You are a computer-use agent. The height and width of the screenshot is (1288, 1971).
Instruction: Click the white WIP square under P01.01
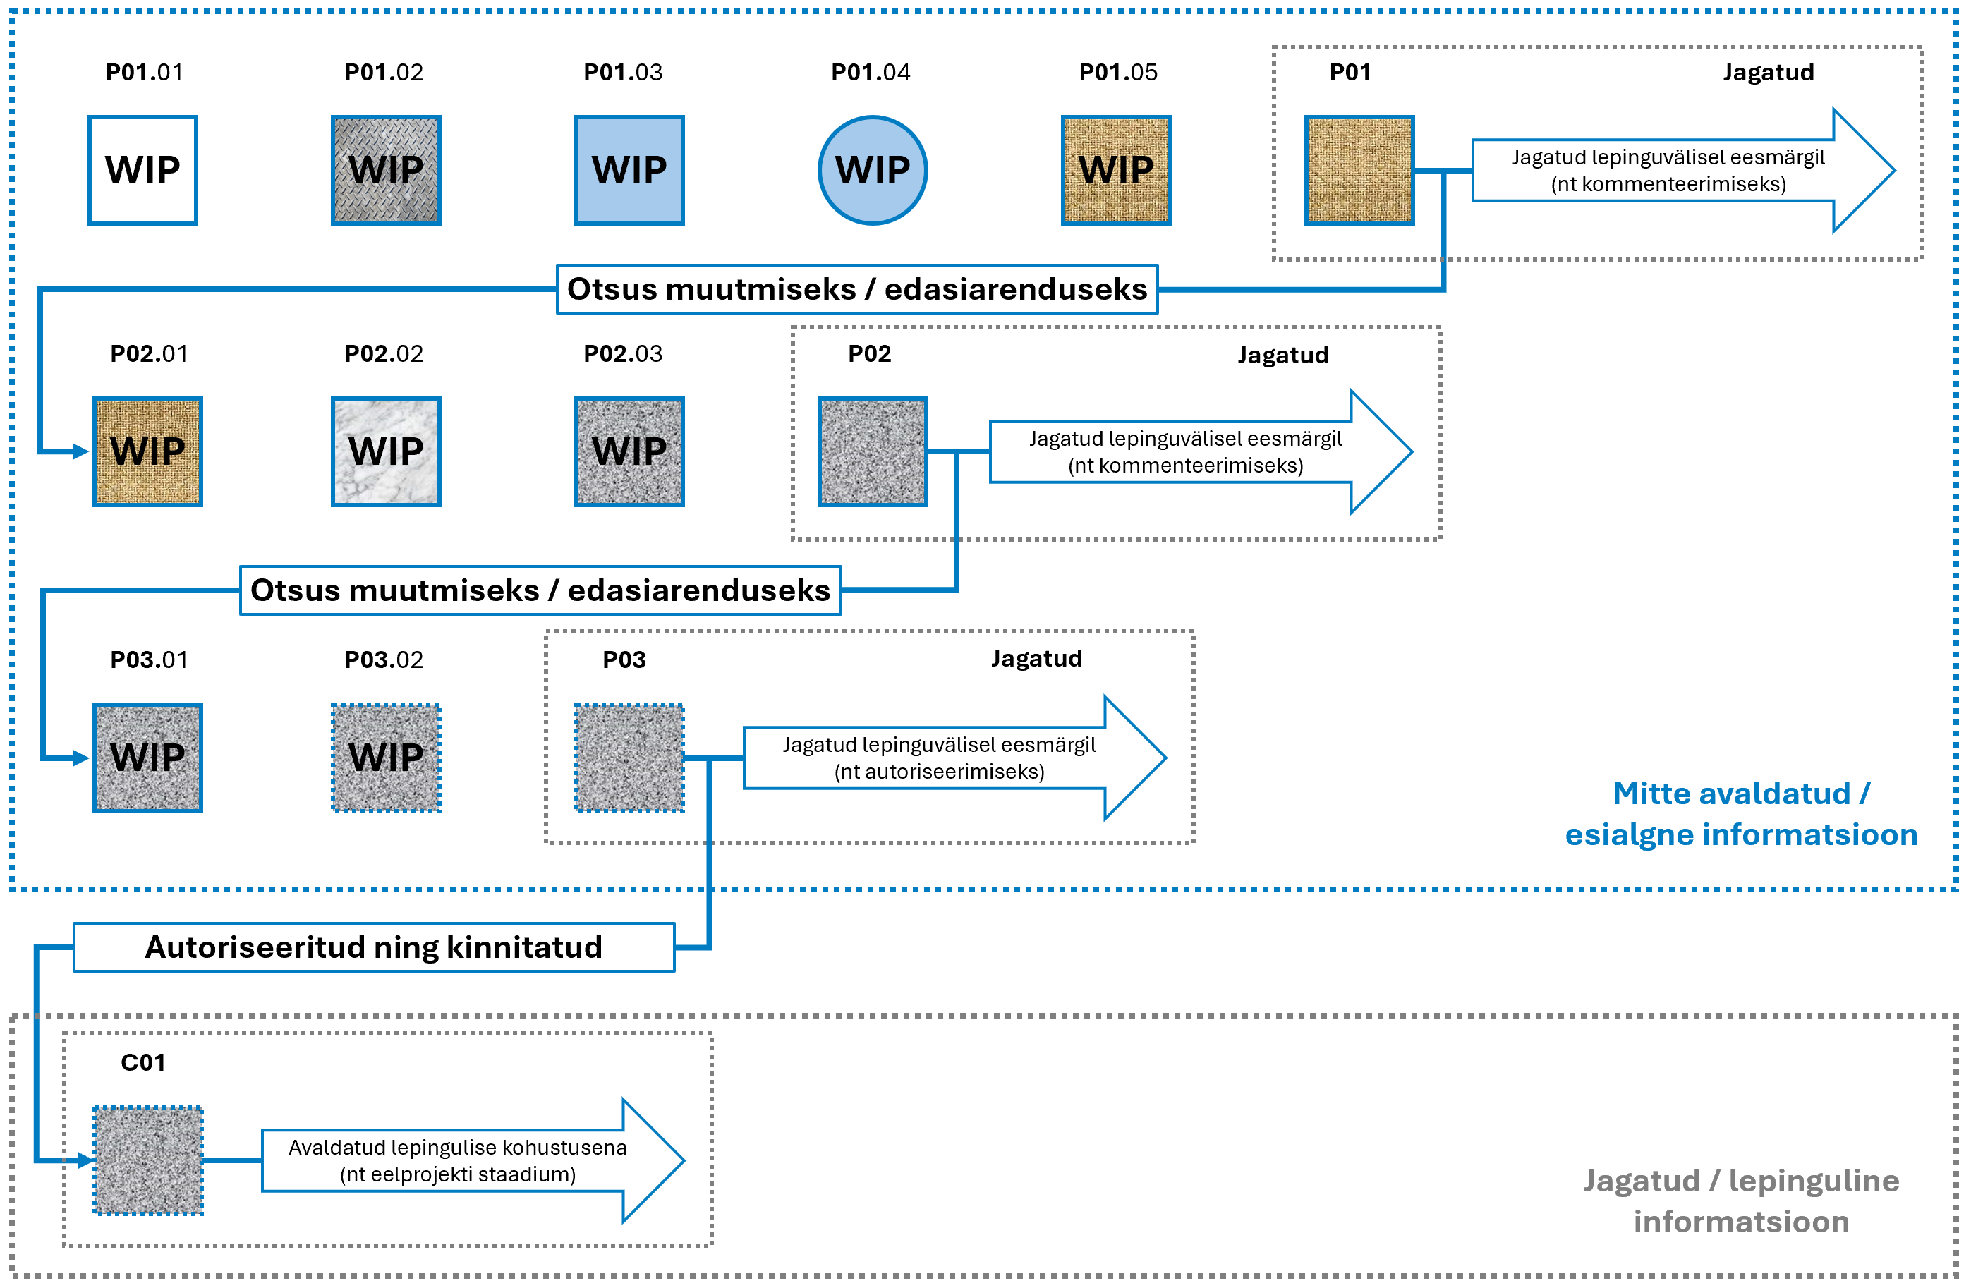[142, 170]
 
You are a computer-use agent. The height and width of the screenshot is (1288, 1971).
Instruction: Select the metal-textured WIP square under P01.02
[386, 170]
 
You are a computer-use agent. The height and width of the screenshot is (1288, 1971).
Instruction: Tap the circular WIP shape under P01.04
[872, 170]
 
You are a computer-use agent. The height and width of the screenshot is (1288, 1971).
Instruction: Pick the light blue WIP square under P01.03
[629, 170]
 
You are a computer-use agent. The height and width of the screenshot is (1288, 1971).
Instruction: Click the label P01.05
[1117, 72]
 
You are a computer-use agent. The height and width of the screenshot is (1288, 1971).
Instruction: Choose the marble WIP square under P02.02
[386, 451]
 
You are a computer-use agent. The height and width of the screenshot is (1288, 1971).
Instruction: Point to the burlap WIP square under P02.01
[147, 451]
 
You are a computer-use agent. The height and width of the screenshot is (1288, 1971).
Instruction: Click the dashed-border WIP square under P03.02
[386, 757]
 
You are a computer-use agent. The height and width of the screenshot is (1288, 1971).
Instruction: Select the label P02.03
[623, 353]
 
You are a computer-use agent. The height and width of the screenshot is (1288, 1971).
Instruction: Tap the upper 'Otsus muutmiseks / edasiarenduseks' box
[856, 289]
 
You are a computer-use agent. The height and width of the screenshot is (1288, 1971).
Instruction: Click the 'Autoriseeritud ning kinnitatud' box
[373, 947]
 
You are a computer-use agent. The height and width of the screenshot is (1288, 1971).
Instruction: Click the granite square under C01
[147, 1160]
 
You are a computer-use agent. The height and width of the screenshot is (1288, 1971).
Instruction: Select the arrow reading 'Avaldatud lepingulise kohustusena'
[472, 1160]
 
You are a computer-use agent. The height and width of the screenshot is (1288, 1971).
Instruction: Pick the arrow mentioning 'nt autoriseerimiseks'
[952, 757]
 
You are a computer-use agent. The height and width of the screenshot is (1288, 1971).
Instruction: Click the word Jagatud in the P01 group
[1767, 72]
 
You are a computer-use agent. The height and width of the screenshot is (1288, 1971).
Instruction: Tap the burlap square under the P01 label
[1359, 170]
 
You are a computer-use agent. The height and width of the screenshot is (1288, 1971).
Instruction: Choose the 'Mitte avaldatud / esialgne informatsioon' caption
[1741, 813]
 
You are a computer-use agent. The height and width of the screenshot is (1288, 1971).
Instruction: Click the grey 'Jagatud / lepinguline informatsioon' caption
[1741, 1201]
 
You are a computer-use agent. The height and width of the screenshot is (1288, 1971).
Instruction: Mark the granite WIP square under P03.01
[147, 757]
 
